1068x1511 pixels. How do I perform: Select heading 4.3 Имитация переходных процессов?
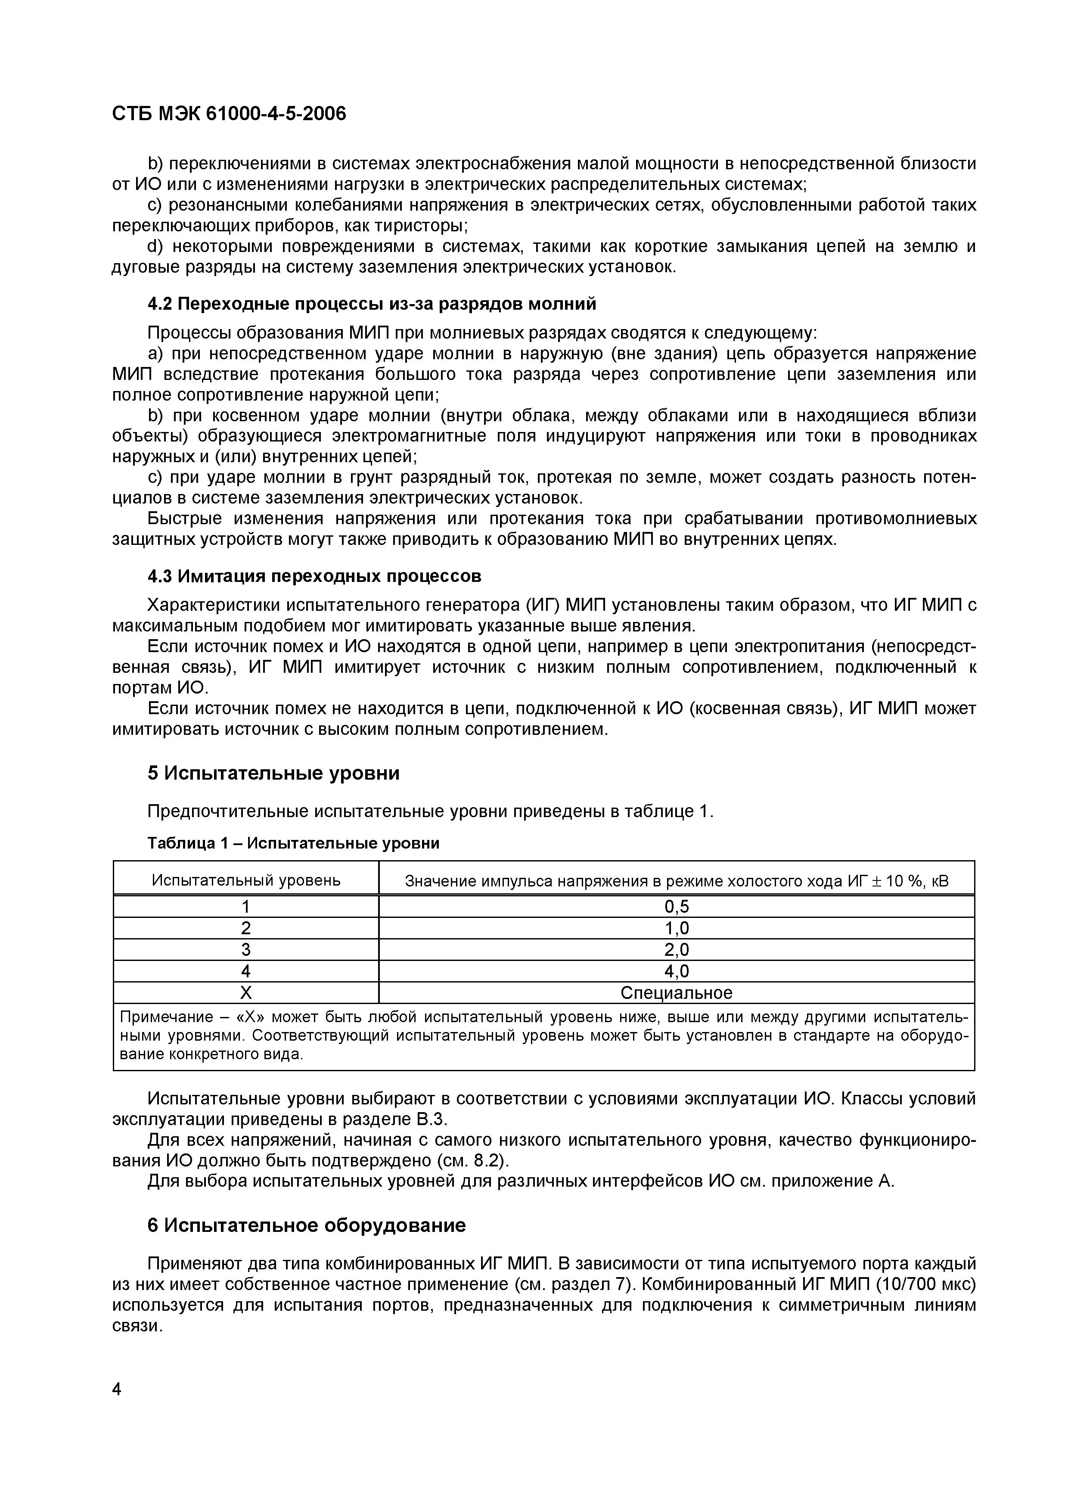click(x=314, y=576)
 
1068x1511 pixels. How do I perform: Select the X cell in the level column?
click(x=246, y=992)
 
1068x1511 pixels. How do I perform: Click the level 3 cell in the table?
click(x=246, y=950)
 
